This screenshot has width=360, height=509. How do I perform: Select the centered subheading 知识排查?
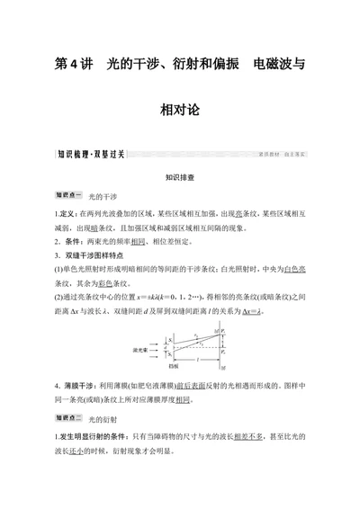180,177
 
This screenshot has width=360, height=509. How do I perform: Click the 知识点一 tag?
68,195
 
